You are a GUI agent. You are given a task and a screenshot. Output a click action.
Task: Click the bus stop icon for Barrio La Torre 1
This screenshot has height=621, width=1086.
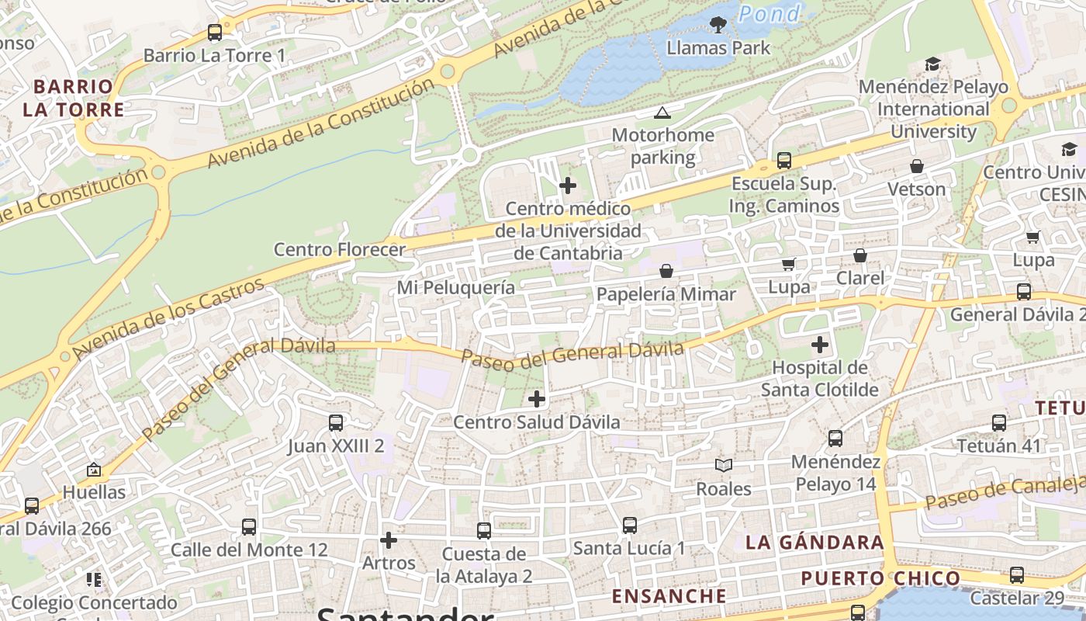click(x=215, y=33)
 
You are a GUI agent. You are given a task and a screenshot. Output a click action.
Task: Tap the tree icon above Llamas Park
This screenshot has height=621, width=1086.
click(x=718, y=25)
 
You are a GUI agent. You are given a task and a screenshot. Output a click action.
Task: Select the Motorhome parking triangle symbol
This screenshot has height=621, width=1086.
click(x=662, y=113)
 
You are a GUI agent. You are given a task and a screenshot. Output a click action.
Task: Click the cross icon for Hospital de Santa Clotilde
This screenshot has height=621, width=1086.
click(x=819, y=344)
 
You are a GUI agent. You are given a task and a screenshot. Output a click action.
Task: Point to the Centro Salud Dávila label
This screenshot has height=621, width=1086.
click(x=536, y=422)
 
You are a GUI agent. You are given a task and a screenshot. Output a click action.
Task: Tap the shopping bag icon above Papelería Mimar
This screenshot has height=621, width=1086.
click(x=666, y=271)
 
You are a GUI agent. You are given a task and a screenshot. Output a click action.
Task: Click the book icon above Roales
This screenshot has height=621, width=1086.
click(x=723, y=465)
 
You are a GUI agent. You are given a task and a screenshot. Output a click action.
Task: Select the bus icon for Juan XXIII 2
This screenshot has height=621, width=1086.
click(x=335, y=423)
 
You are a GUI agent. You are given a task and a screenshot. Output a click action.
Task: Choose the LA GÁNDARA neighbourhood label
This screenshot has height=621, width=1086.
click(x=814, y=543)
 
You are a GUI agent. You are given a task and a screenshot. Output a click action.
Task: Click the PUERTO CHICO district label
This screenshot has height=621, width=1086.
click(x=880, y=578)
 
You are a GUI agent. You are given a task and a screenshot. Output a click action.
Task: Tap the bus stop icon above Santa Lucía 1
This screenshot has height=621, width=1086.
click(x=629, y=526)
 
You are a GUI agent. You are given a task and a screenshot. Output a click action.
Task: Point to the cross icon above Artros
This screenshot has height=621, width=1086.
click(x=389, y=539)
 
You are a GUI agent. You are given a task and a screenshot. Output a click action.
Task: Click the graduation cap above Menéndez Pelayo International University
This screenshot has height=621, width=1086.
click(x=932, y=64)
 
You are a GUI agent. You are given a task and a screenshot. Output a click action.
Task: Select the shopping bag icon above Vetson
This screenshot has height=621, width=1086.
click(x=916, y=166)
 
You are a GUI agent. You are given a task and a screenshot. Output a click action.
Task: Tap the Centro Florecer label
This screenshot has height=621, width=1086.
click(x=340, y=250)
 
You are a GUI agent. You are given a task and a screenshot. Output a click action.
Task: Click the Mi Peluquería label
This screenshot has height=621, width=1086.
click(x=455, y=288)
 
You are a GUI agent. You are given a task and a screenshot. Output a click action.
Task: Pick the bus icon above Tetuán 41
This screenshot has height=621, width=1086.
click(x=998, y=423)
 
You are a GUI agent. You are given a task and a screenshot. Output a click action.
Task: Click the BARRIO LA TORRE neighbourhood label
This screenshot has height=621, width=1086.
click(x=74, y=98)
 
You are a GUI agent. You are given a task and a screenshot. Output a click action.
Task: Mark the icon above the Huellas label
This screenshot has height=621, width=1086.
click(x=94, y=470)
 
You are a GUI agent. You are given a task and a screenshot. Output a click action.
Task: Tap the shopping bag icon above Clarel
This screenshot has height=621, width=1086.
click(x=859, y=255)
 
